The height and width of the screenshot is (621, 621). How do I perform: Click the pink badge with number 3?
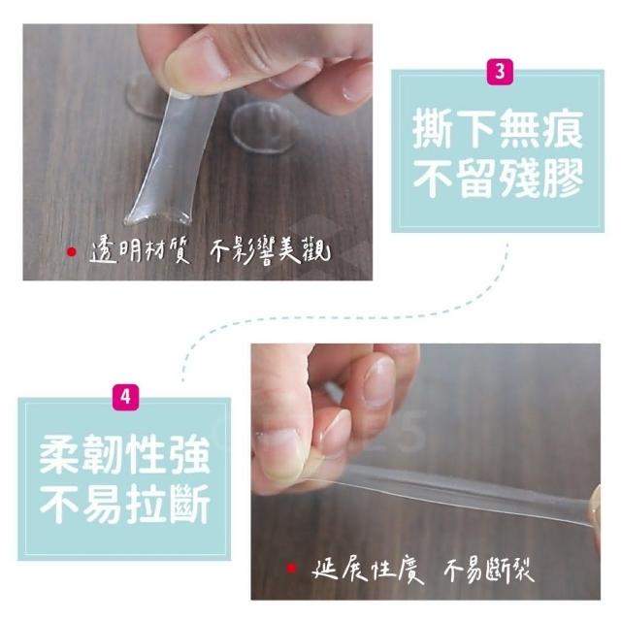[500, 72]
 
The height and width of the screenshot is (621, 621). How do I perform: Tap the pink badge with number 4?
[125, 397]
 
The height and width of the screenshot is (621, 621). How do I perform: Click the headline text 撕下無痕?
[498, 128]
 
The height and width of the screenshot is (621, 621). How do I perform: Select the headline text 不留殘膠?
[498, 178]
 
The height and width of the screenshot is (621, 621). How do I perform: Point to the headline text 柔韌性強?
[124, 454]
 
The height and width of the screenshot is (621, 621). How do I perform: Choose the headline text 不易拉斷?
[124, 504]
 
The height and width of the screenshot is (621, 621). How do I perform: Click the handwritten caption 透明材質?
[140, 251]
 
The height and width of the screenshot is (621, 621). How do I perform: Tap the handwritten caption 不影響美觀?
[270, 251]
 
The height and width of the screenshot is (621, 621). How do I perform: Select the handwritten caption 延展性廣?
[367, 570]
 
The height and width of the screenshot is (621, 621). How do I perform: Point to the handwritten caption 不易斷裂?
[489, 570]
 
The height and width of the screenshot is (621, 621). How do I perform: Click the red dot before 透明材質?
[71, 251]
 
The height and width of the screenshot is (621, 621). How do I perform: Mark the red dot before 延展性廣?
[291, 569]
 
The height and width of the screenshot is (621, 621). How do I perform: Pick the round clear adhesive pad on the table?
[264, 127]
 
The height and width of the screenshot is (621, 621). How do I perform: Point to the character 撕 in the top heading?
[433, 128]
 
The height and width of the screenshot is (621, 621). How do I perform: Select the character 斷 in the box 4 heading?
[190, 504]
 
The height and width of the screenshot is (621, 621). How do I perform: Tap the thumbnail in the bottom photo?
[281, 455]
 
